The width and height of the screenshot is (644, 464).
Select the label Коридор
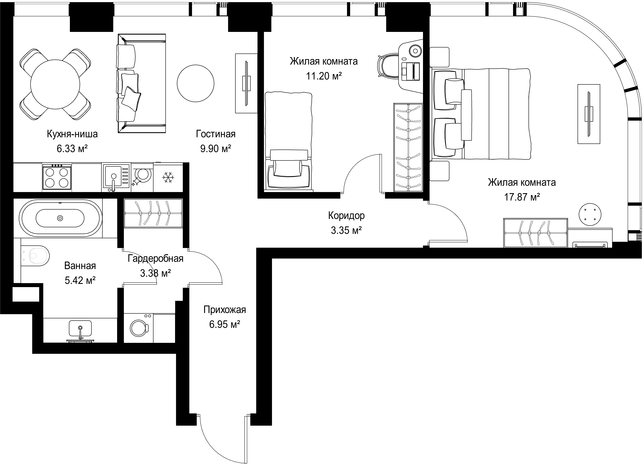tap(346, 216)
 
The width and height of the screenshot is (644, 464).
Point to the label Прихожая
tap(225, 310)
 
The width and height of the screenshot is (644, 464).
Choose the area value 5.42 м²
tap(80, 281)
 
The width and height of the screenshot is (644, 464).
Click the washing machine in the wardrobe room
tap(139, 328)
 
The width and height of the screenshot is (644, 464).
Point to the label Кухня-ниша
tap(72, 134)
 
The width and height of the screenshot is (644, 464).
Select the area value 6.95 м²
tap(225, 324)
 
